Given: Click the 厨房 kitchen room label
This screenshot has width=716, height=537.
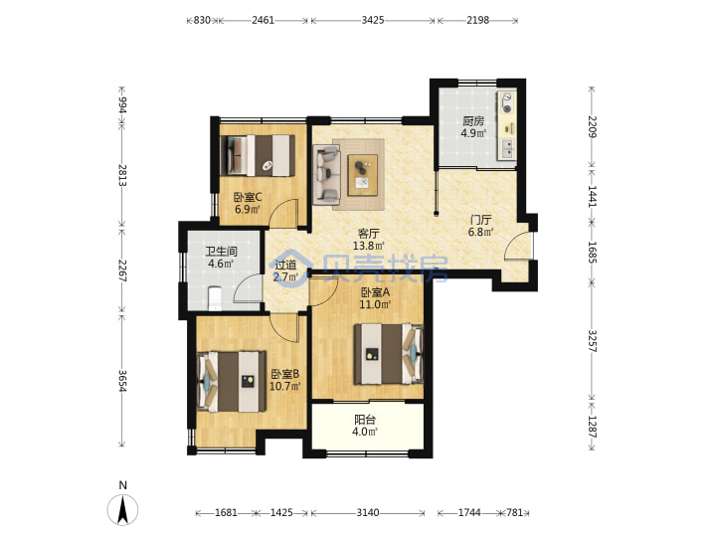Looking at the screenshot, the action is pos(473,121).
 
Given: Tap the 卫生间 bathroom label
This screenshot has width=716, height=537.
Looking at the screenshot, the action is pos(221,252).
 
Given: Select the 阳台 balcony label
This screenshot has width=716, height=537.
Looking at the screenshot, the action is pos(365,420).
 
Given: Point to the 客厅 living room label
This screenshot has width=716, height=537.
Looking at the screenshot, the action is pos(369,234).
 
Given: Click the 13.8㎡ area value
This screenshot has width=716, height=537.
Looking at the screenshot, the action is pos(369,246).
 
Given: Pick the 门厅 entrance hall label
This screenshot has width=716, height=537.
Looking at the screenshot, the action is pos(481,220).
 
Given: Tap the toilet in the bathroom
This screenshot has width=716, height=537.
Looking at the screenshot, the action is pos(214,298).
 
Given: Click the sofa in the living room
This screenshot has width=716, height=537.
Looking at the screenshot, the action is pos(326,174).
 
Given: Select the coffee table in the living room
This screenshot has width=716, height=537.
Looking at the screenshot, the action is pos(363,175).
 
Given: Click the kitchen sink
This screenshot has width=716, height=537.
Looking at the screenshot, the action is pos(507,148).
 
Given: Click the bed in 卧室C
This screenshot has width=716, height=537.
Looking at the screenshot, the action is pos(258,155).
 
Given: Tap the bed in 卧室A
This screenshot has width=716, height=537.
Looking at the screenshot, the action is pos(389,354).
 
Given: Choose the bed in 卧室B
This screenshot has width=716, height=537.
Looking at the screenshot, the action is pos(232,381).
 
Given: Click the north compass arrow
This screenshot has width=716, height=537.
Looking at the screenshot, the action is pos(122,509).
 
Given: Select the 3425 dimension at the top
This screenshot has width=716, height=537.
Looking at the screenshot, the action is pos(373,20).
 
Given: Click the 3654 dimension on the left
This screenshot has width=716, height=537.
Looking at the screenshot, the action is pos(122,380).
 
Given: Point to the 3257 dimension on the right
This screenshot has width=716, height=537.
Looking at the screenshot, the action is pos(592,341).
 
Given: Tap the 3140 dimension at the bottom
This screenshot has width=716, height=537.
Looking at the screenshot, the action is pos(368,513).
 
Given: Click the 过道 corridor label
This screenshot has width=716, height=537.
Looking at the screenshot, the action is pos(285,265).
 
